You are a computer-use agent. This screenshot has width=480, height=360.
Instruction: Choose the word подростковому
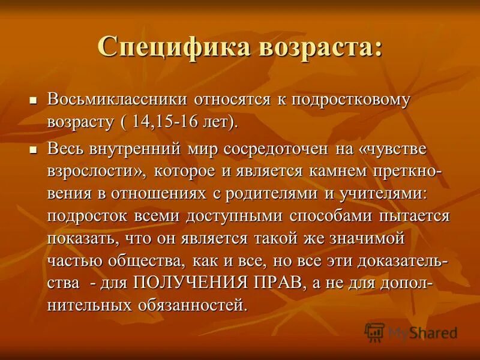[x=351, y=99]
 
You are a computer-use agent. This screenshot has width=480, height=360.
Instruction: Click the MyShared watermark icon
[x=374, y=331]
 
